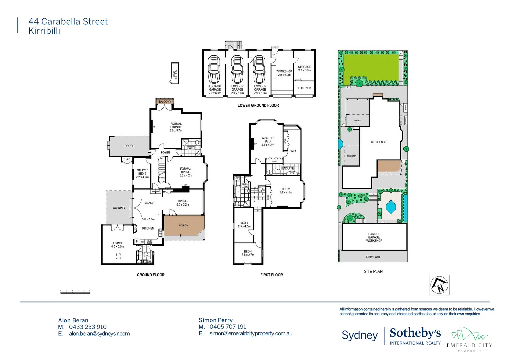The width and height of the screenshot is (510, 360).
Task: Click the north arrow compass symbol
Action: tap(439, 285)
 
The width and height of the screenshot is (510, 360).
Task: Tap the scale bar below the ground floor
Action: tap(75, 292)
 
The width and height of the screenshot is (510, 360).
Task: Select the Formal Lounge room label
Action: tap(176, 127)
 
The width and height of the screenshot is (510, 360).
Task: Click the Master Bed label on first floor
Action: tap(268, 141)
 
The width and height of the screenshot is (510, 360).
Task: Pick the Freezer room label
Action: tap(304, 88)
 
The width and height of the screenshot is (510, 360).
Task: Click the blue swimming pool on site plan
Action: tap(391, 207)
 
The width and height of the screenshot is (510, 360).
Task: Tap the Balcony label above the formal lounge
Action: tap(165, 102)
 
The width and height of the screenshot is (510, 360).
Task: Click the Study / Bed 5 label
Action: tap(142, 173)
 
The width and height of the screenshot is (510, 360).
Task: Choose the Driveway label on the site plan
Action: tap(373, 257)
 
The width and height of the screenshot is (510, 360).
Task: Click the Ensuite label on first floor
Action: tap(288, 168)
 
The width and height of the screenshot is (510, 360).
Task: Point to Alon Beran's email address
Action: tap(99, 334)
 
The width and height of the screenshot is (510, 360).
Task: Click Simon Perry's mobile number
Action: tap(228, 327)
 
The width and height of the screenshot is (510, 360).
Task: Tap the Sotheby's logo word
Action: tap(415, 333)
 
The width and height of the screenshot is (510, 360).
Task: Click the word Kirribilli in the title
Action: tap(44, 31)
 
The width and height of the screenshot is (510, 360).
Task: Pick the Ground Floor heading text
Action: tap(151, 275)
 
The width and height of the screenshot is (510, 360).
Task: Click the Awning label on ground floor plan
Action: tap(119, 208)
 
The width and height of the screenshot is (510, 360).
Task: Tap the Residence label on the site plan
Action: tap(379, 142)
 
